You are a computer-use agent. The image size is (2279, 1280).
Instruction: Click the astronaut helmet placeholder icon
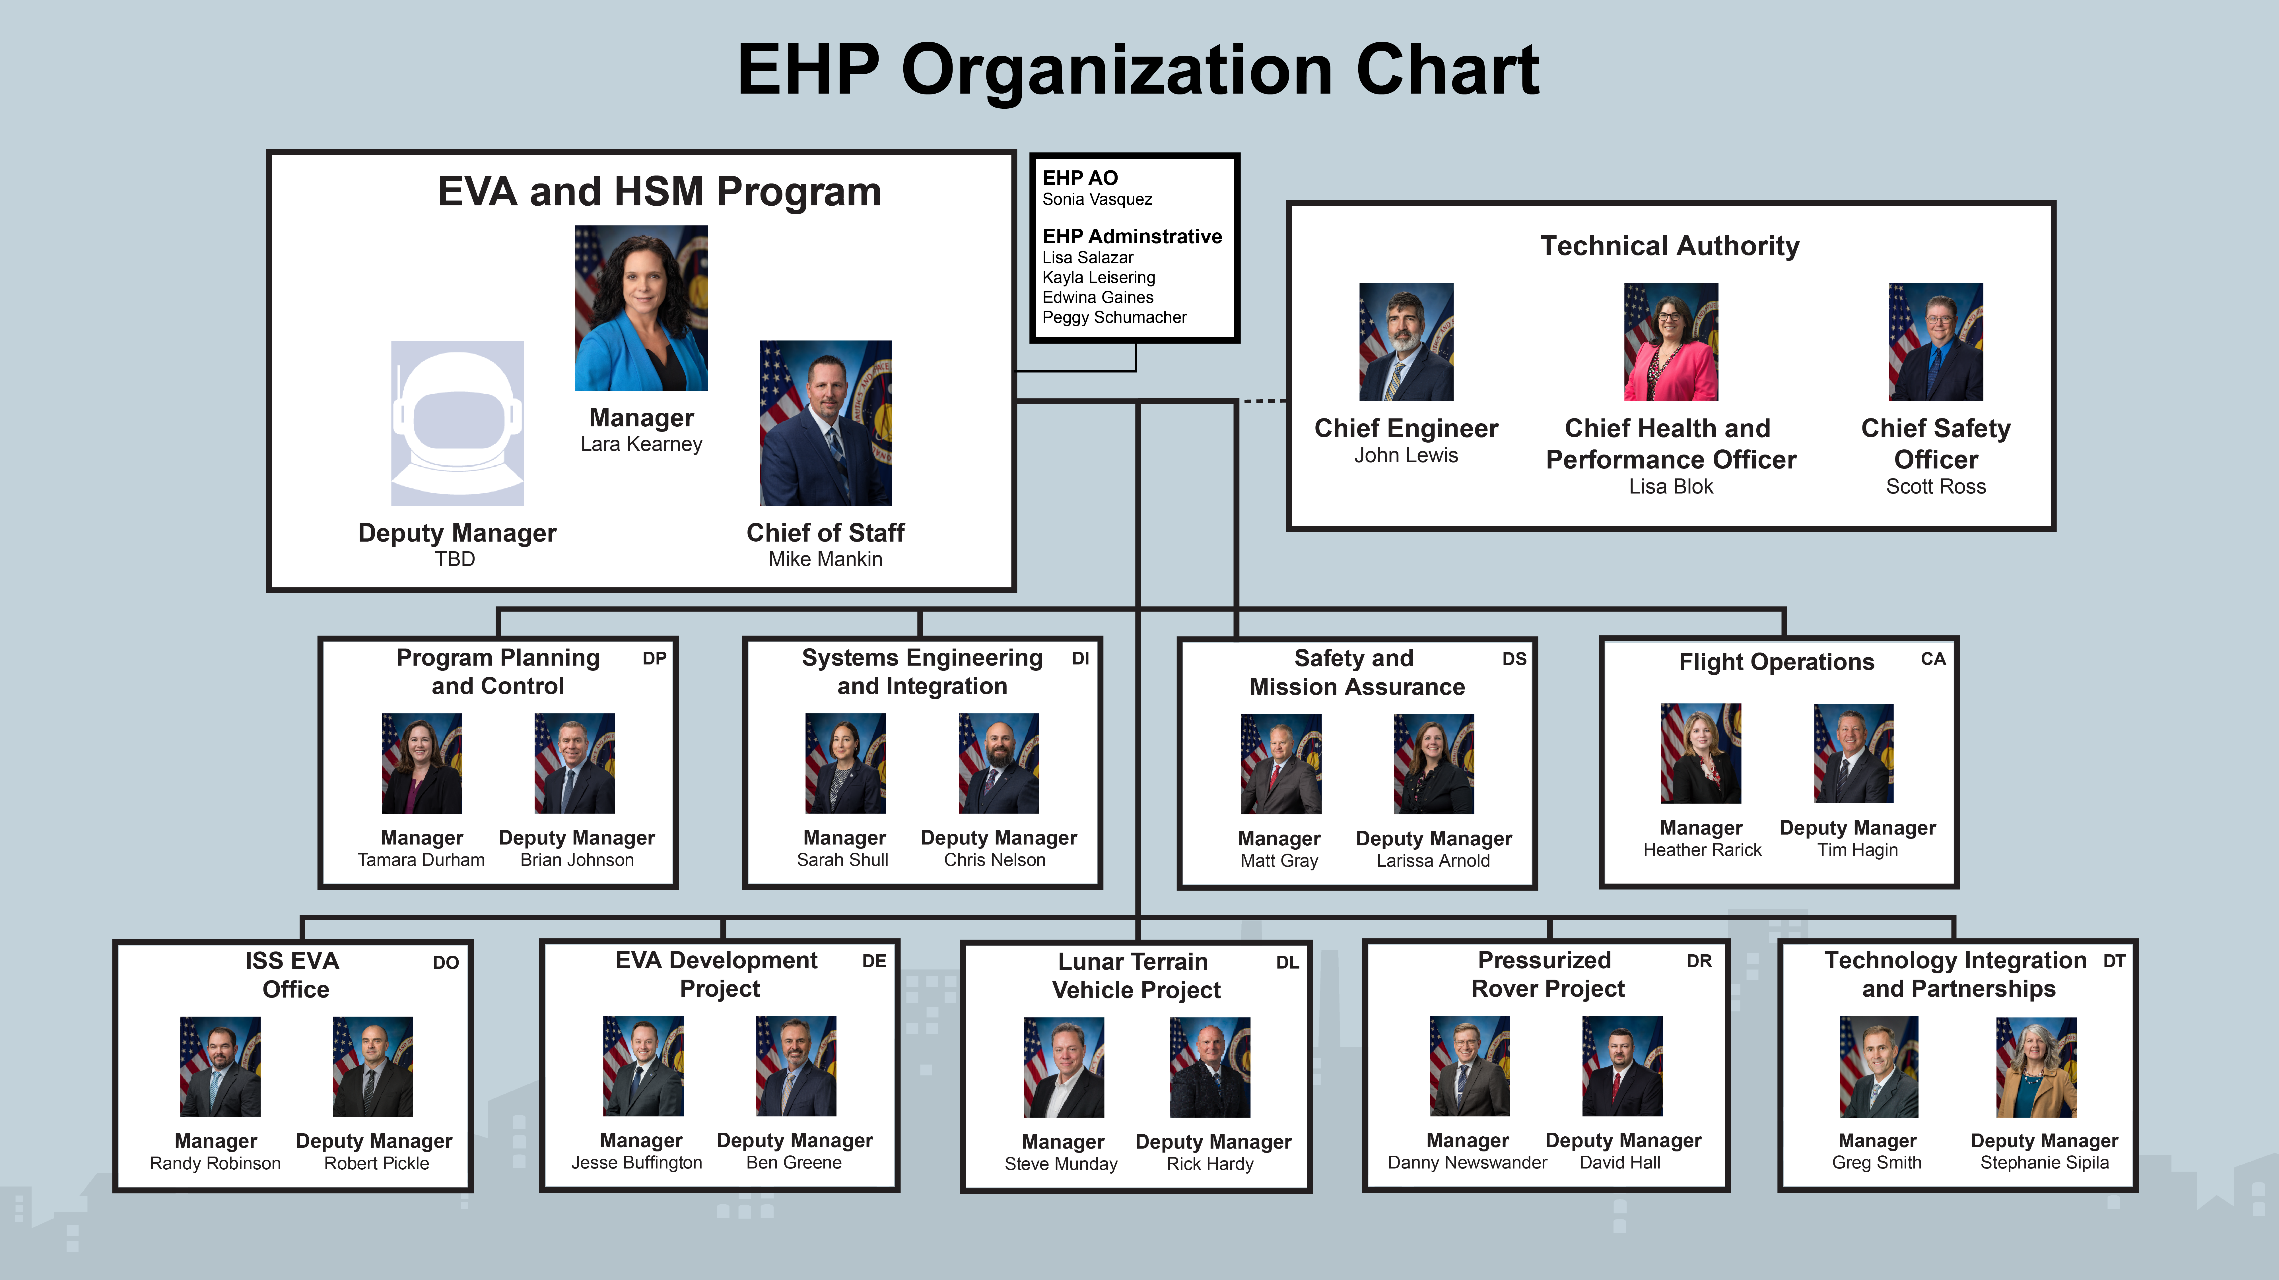point(458,423)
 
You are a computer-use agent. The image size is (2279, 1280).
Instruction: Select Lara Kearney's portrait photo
point(641,308)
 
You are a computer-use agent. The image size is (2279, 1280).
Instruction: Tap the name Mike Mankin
point(825,559)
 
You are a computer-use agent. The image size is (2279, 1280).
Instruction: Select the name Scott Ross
point(1936,486)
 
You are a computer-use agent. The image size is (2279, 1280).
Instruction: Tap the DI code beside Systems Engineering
point(1080,658)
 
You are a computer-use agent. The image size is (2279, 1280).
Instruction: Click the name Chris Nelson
point(994,860)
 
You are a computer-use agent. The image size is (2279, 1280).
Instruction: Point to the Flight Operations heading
point(1777,662)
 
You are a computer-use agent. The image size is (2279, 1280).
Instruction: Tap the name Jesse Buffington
point(637,1162)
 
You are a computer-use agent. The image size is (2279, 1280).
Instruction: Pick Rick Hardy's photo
point(1210,1068)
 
